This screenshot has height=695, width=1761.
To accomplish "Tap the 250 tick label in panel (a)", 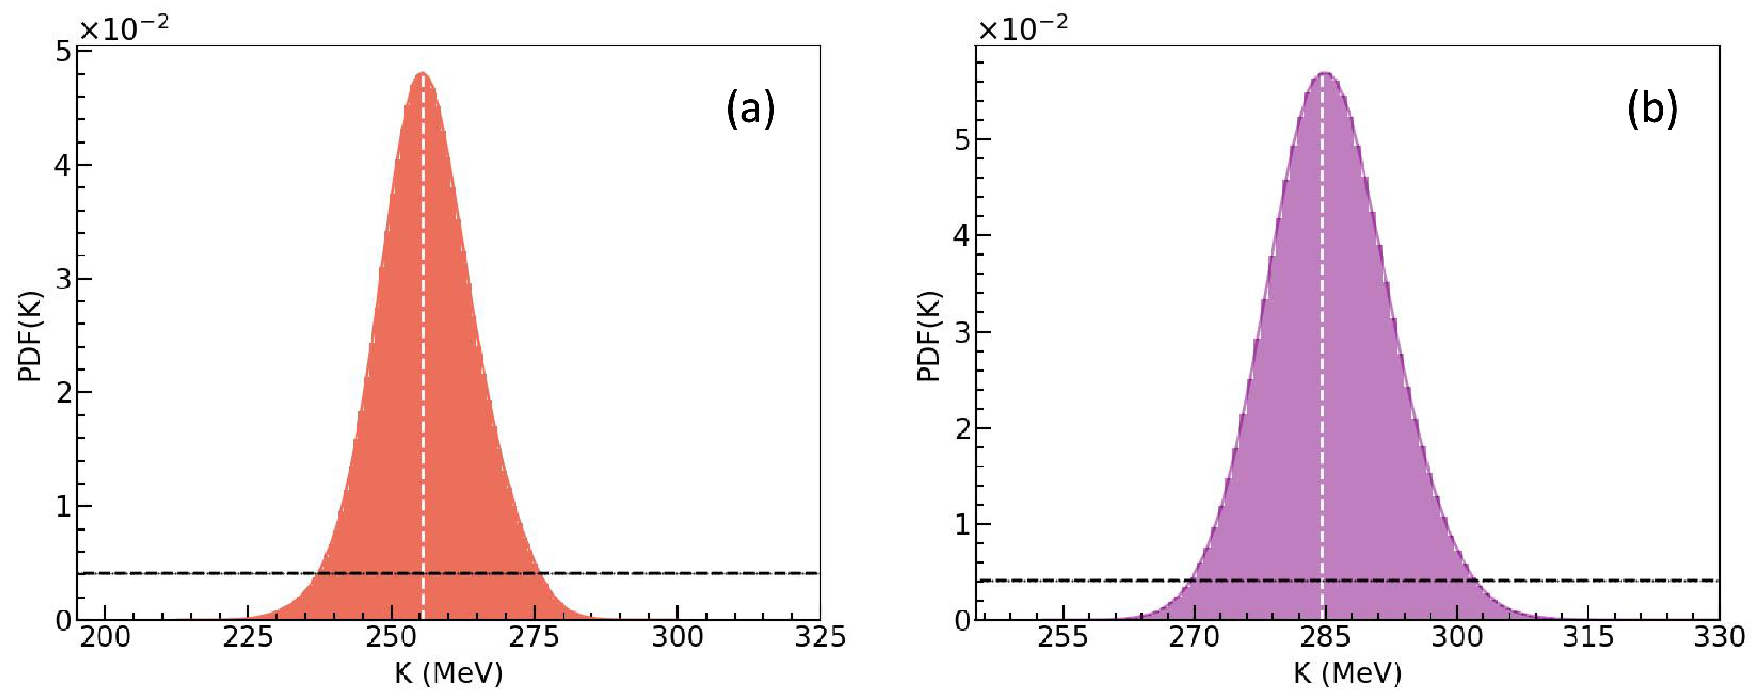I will [x=391, y=637].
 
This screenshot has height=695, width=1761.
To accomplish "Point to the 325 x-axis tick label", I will [x=819, y=637].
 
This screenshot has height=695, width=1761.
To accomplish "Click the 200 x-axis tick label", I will [x=105, y=637].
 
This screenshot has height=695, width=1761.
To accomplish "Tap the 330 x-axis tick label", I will [x=1717, y=637].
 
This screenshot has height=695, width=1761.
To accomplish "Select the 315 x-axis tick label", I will [x=1587, y=637].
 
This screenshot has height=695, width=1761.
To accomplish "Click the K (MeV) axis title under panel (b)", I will [x=1347, y=674].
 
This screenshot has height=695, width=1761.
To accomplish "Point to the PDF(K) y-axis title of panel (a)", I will [x=30, y=336].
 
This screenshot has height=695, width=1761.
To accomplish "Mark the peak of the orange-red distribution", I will [x=423, y=73].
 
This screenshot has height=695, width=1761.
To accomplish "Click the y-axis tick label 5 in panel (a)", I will [x=63, y=52].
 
